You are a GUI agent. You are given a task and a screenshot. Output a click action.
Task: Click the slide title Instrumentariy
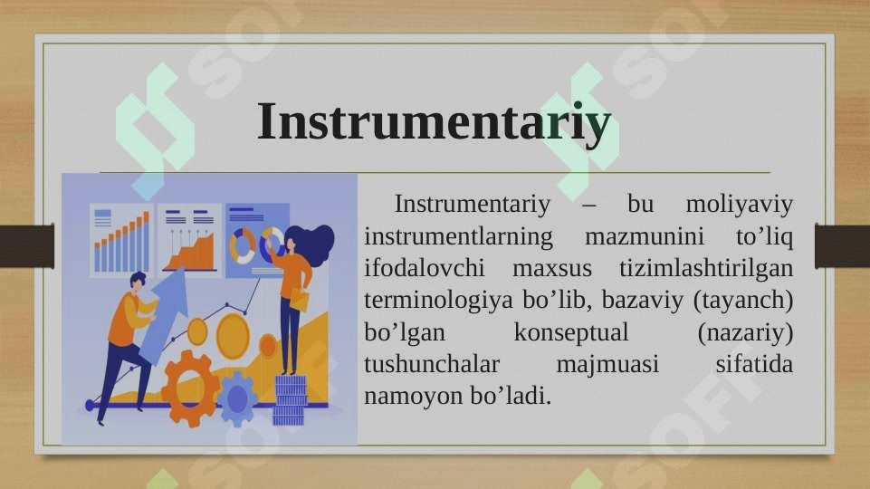pos(434,122)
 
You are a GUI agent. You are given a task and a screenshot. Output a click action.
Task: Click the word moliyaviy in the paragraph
pos(739,205)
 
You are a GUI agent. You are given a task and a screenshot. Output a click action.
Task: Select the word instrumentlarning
pos(458,236)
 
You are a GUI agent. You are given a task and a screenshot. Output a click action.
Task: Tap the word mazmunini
pos(645,236)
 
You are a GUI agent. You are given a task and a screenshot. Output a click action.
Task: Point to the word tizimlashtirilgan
pos(706,269)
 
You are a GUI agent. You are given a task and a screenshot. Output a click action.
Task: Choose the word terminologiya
pos(438,301)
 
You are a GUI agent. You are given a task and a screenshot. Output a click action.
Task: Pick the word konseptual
pos(571,333)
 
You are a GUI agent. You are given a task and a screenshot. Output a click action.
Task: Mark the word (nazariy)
pos(745,333)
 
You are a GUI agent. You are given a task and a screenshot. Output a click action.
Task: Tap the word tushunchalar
pos(432,365)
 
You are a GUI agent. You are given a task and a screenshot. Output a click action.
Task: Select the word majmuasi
pos(607,365)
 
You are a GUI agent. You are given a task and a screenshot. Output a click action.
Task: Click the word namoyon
pos(414,397)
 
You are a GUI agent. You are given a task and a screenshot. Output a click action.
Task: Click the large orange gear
pos(188,388)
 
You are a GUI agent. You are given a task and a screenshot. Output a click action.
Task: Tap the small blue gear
pos(237,398)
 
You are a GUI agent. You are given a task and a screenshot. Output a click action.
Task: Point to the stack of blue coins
pos(291,400)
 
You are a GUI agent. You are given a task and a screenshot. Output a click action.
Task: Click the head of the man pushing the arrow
pos(138,281)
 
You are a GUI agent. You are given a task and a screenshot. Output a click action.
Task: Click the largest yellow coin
pos(233,336)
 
